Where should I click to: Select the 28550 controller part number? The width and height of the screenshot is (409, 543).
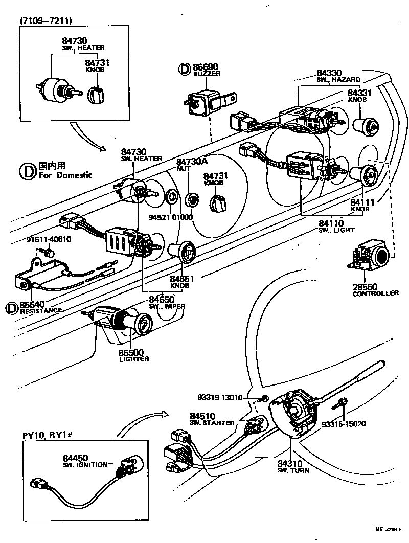[365, 286]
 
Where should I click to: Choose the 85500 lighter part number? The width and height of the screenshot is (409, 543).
[131, 352]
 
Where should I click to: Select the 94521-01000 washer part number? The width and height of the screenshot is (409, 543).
[170, 217]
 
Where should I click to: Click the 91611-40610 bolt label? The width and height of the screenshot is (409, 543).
[49, 239]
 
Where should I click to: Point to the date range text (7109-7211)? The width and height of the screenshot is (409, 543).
[46, 21]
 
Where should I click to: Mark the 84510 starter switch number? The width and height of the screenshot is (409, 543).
[202, 416]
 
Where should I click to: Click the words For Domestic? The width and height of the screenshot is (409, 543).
[65, 175]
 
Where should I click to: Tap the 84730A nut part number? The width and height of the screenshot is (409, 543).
[192, 162]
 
